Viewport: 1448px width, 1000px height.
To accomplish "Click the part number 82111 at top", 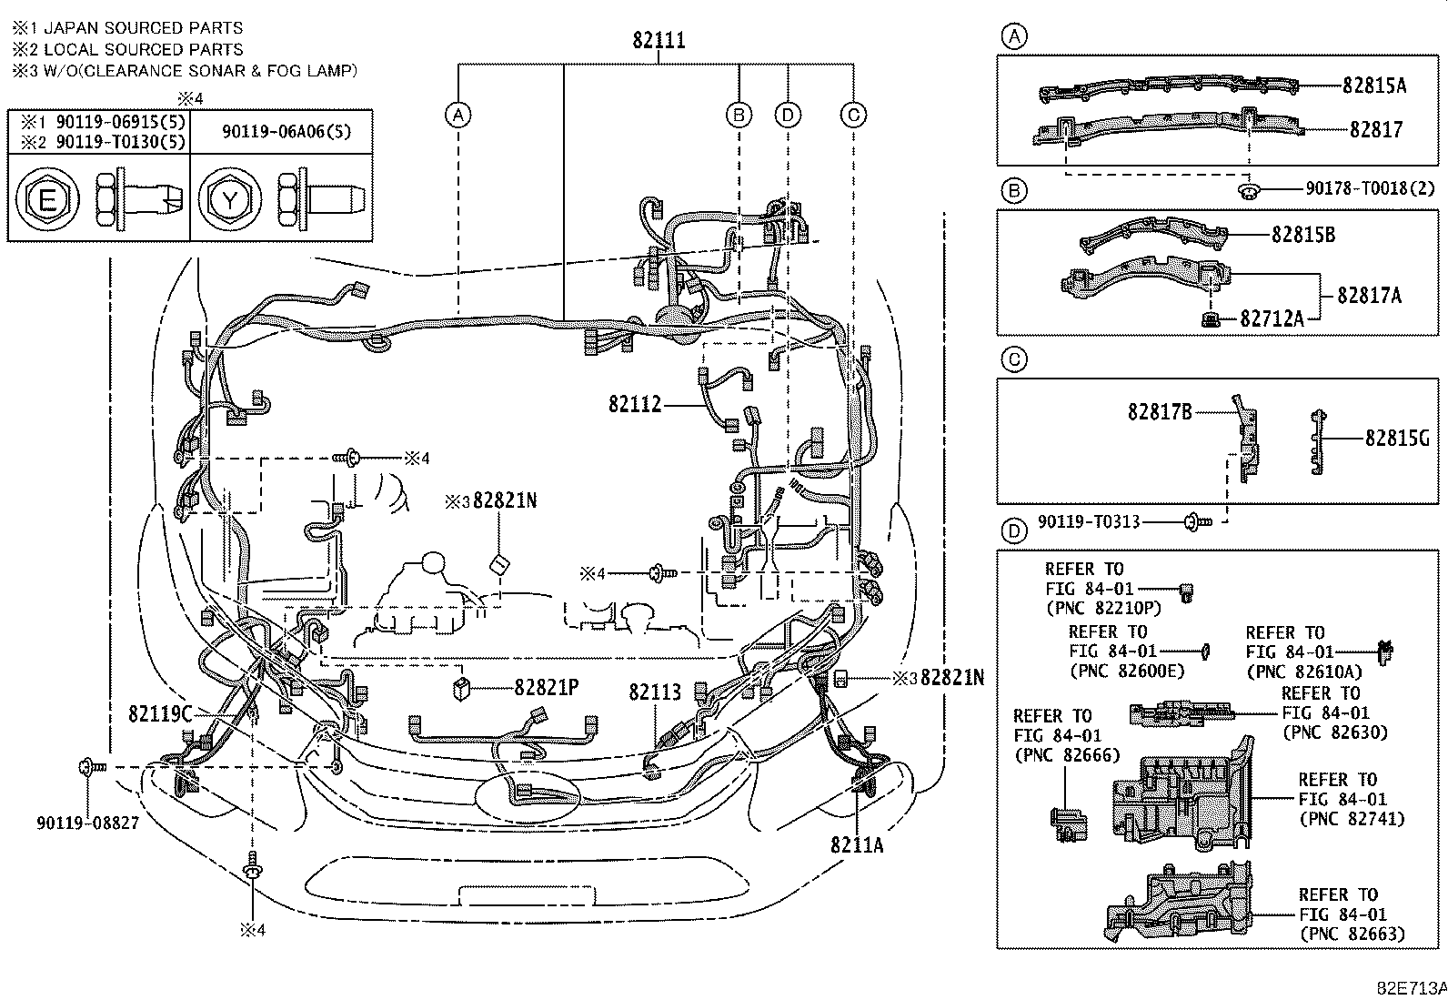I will (659, 41).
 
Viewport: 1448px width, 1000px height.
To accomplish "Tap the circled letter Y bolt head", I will (229, 198).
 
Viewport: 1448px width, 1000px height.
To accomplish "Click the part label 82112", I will (634, 404).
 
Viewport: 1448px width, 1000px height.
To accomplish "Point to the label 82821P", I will (547, 688).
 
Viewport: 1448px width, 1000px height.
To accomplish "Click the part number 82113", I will (654, 692).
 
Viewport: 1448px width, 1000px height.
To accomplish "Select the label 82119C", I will (160, 714).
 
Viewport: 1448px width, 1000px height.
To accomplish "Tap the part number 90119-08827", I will (87, 823).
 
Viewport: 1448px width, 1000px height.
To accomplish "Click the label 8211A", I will (856, 844).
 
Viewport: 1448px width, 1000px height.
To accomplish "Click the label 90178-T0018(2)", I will (1370, 188).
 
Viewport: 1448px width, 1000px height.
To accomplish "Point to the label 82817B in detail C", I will (1159, 412).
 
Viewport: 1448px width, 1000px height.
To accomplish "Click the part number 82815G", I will (1397, 439).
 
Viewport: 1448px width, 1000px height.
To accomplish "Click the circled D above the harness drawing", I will (788, 115).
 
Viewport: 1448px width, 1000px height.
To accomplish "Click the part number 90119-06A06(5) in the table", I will (286, 131).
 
